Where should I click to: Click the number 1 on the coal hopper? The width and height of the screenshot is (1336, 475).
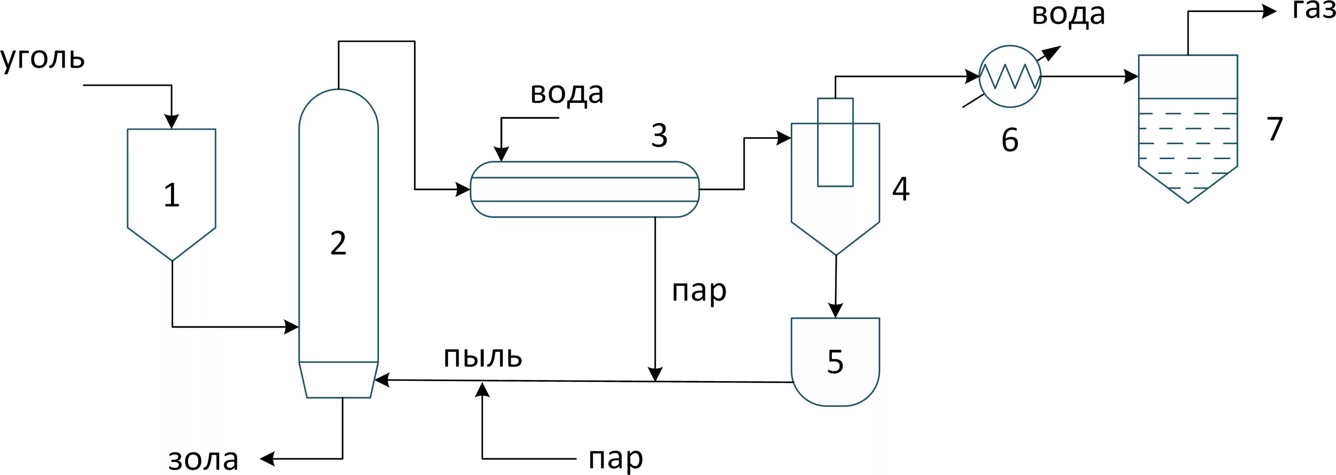point(171,195)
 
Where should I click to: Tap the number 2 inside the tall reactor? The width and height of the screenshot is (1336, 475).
point(338,243)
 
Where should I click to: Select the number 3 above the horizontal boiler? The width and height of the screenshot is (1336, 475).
point(659,135)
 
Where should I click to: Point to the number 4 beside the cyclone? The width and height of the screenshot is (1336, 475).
point(901,189)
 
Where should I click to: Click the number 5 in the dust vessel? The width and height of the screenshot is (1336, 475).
point(835,361)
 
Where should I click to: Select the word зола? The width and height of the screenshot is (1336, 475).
point(204,459)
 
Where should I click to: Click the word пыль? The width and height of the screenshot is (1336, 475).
point(482,356)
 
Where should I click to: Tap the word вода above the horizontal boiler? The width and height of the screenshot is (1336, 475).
point(567,93)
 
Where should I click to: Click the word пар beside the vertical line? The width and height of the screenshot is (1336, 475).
point(699,292)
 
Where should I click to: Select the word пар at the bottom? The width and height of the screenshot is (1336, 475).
point(615,459)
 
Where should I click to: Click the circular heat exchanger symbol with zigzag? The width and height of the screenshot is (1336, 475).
point(1010,76)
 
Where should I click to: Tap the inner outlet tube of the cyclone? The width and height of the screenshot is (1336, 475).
point(835,142)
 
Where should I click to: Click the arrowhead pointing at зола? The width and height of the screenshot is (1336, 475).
point(267,459)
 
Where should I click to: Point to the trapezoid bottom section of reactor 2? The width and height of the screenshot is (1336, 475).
point(338,380)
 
